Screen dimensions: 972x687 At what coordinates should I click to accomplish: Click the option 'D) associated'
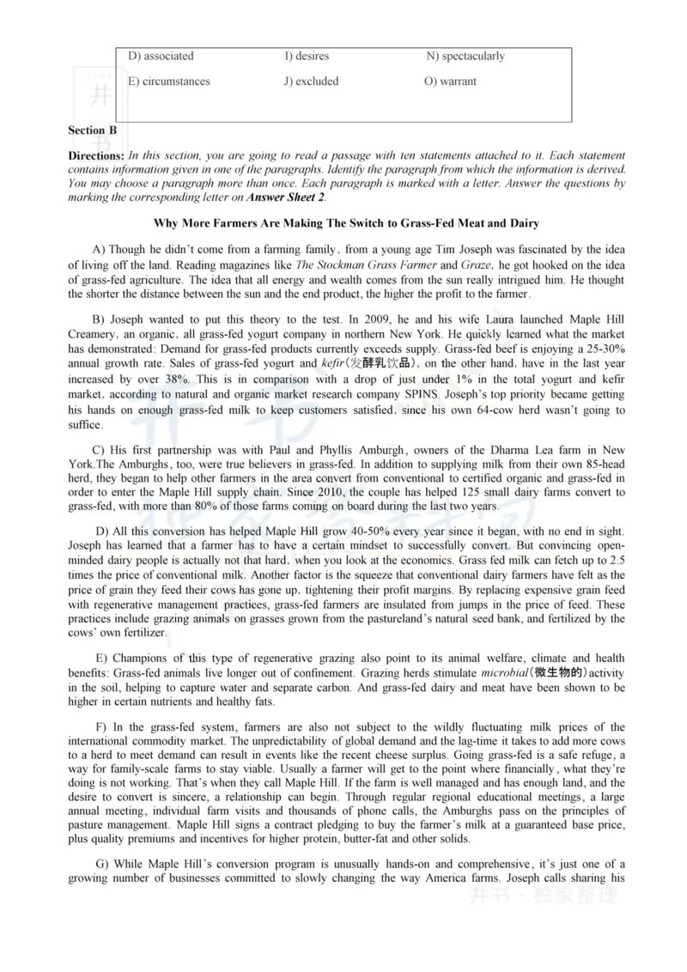(x=161, y=57)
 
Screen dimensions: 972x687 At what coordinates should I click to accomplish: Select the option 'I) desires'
(x=307, y=57)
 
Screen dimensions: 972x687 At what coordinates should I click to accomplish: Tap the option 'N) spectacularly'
(x=465, y=57)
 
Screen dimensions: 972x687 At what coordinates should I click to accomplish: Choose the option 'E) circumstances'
(x=168, y=82)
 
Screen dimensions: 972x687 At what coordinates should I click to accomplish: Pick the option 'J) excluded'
(x=311, y=82)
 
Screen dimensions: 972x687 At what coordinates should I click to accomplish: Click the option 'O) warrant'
(x=450, y=82)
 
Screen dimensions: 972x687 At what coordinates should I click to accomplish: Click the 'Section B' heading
(x=92, y=131)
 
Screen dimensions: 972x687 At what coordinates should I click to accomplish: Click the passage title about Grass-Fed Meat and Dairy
(x=346, y=224)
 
